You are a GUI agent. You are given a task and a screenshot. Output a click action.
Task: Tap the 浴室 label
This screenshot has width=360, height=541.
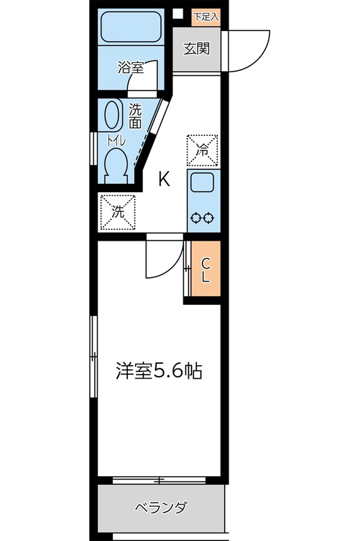130,68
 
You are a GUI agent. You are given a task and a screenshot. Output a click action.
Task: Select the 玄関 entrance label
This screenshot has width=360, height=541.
196,49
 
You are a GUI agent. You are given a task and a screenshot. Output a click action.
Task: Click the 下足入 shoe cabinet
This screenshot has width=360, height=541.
206,17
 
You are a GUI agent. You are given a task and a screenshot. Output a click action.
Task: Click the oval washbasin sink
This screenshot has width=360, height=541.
112,116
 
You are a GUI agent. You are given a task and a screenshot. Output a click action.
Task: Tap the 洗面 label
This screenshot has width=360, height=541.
135,116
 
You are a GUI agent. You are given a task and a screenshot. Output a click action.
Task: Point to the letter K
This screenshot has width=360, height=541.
164,179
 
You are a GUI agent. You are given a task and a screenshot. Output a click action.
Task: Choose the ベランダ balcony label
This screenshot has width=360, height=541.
160,508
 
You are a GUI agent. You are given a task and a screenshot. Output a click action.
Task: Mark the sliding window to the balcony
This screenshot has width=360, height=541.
160,480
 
